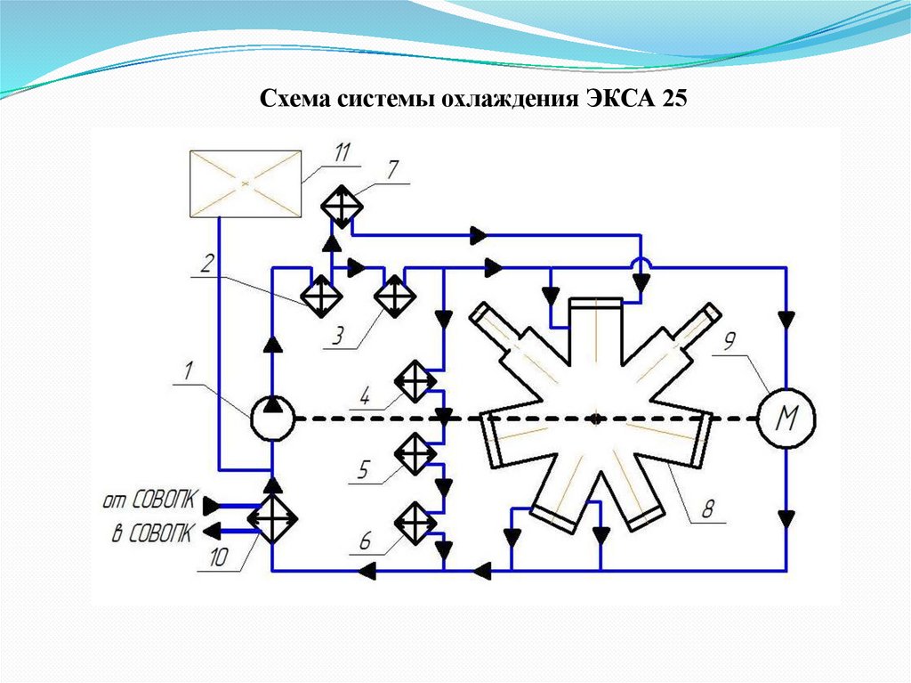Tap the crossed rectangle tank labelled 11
[244, 183]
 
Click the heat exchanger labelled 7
[342, 205]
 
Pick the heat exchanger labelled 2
[319, 295]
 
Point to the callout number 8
[709, 510]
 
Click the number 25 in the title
[673, 97]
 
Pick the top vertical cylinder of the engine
[595, 321]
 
